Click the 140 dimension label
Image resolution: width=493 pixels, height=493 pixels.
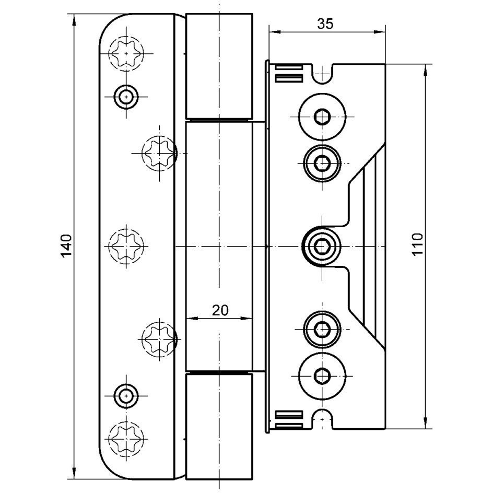tap(65, 246)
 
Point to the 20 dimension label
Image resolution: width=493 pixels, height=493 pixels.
tap(220, 310)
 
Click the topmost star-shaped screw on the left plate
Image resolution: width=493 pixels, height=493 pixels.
tap(125, 53)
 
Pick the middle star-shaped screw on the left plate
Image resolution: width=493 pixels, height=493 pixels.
tap(125, 246)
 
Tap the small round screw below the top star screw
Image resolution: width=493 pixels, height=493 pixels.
tap(125, 96)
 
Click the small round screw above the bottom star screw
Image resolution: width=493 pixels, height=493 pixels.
tap(125, 395)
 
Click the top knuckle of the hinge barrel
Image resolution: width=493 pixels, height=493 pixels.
tap(219, 66)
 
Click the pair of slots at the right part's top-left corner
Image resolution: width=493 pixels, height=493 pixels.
tap(289, 74)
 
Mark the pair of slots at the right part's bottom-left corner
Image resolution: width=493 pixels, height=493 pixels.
tap(289, 419)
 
